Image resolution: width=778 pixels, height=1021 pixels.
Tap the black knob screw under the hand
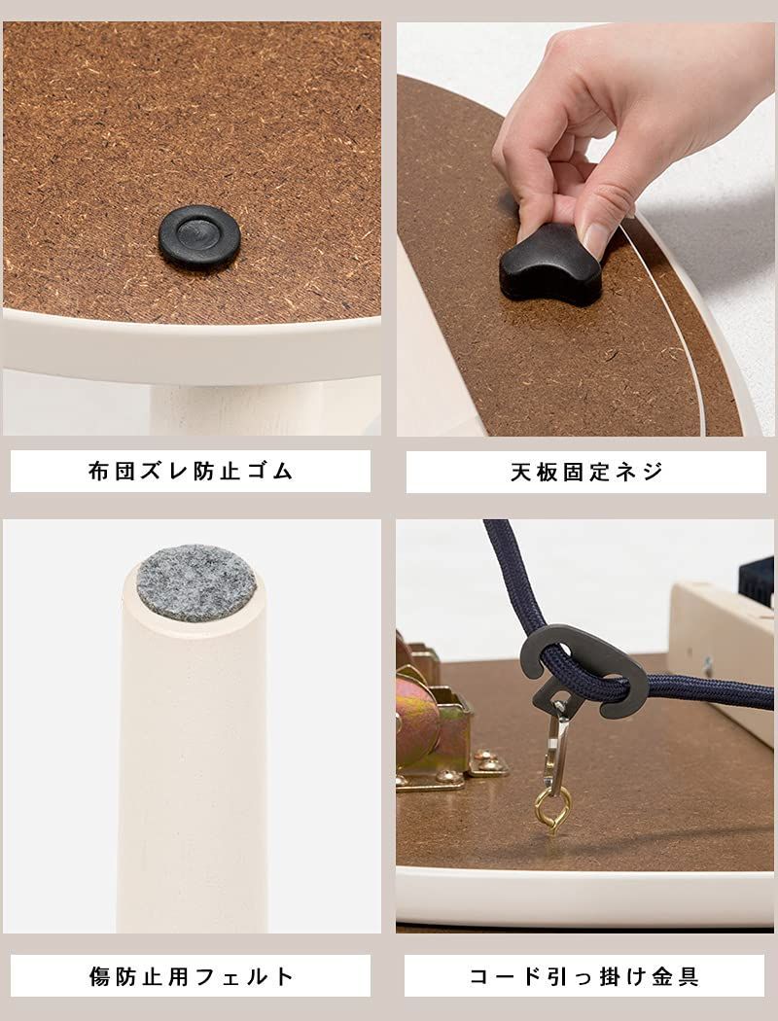pos(549,263)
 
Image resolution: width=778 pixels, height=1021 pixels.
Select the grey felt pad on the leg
pos(195,582)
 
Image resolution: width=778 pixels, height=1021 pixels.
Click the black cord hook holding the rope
pos(583,671)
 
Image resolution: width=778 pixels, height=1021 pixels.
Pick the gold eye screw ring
pos(551,806)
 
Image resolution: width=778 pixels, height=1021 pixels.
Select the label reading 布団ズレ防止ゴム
pos(191,472)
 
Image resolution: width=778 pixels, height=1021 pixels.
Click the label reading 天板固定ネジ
pos(586,472)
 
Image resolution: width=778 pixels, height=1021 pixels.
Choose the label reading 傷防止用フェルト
pos(191,975)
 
